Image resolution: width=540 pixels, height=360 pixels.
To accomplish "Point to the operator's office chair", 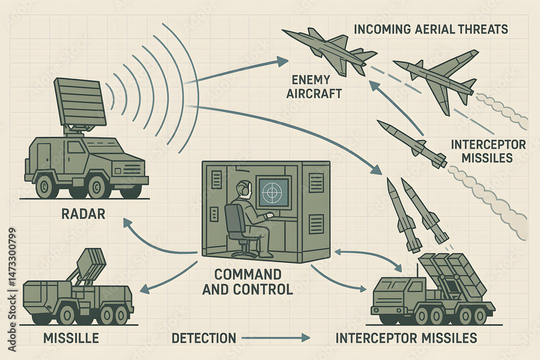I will point(238,229).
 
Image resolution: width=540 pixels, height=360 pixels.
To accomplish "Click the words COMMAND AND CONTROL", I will point(248,281).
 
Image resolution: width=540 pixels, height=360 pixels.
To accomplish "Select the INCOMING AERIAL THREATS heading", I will point(430,29).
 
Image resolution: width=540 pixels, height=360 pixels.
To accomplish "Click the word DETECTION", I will point(204,338).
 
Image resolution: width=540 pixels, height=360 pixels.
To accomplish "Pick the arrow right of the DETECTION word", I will point(276,338).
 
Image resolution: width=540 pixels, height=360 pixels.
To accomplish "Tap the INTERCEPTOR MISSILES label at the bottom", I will point(406,338).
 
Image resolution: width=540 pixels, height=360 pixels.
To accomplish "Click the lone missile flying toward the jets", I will point(411,144).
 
